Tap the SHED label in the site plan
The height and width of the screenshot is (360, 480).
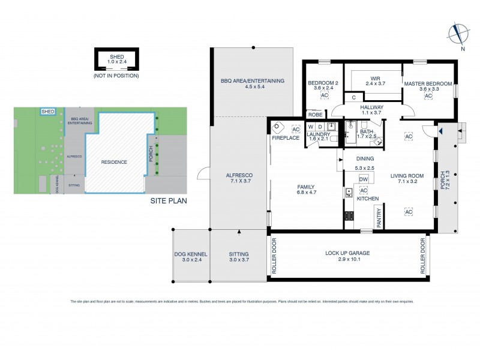pyautogui.click(x=47, y=111)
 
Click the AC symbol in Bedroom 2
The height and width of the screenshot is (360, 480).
pyautogui.click(x=324, y=95)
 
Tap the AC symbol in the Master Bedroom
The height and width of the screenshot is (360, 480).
pyautogui.click(x=428, y=95)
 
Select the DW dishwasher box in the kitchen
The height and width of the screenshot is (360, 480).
pyautogui.click(x=363, y=179)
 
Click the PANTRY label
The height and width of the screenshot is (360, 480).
pyautogui.click(x=379, y=217)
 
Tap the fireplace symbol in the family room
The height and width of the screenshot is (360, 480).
pyautogui.click(x=278, y=128)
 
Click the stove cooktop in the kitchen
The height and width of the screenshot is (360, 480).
pyautogui.click(x=349, y=218)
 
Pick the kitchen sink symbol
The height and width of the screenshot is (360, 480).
pyautogui.click(x=348, y=193)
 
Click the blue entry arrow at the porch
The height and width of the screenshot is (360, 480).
pyautogui.click(x=440, y=130)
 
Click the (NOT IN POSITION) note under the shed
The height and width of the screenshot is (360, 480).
pyautogui.click(x=116, y=76)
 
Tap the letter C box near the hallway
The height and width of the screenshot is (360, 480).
pyautogui.click(x=354, y=97)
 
